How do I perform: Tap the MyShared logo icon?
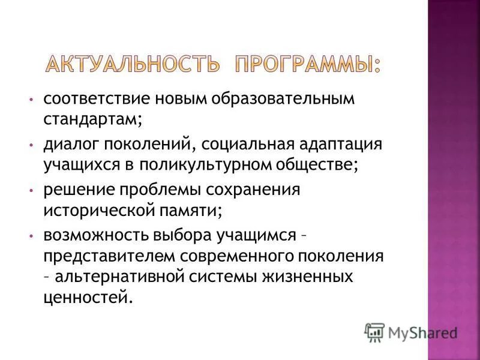[x=374, y=332]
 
